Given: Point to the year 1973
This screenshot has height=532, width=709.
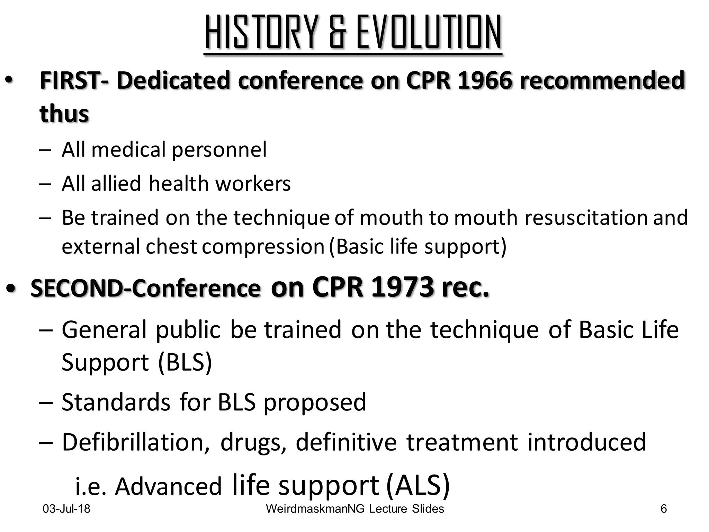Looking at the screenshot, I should pos(402,287).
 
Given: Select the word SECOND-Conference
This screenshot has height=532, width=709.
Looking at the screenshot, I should pos(145,289).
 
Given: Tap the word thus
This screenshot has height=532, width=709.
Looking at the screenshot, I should pos(64,113).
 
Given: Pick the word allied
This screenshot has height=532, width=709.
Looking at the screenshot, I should pos(116,183).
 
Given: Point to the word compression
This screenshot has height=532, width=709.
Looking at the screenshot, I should pos(263,247).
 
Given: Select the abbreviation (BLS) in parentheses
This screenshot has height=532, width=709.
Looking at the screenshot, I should pos(185,362).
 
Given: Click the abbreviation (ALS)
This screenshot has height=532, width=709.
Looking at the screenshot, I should pos(418,485).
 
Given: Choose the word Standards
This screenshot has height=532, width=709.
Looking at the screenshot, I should pos(116,402).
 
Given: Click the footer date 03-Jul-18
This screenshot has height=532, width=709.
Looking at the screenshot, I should pos(66,509).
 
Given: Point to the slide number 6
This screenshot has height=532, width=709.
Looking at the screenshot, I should pos(664,509).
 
